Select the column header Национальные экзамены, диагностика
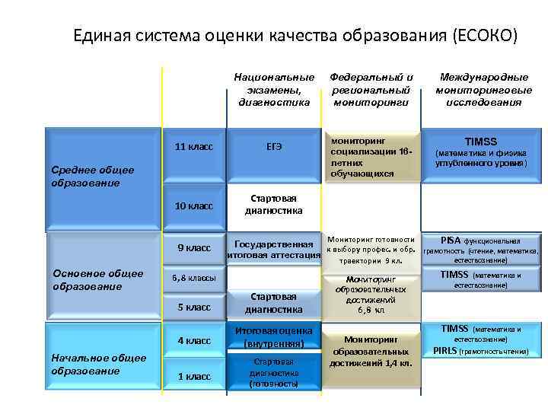point(274,90)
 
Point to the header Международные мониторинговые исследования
point(483,90)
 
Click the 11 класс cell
point(193,146)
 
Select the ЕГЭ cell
point(274,146)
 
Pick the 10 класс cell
point(193,206)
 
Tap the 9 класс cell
point(193,248)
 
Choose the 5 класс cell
point(193,307)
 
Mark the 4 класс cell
point(193,340)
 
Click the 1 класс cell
point(193,376)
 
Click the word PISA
point(451,239)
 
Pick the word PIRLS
point(447,351)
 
